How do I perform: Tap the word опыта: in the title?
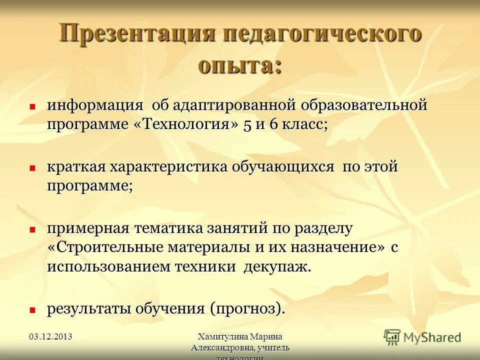(239, 65)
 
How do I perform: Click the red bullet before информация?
(32, 106)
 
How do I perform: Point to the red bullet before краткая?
(32, 168)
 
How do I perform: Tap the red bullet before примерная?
(32, 229)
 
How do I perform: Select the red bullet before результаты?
(32, 310)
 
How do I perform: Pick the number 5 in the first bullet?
(248, 125)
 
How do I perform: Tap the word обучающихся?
(282, 167)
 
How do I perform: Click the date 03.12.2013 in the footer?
(50, 336)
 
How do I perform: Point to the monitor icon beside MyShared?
(392, 336)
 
